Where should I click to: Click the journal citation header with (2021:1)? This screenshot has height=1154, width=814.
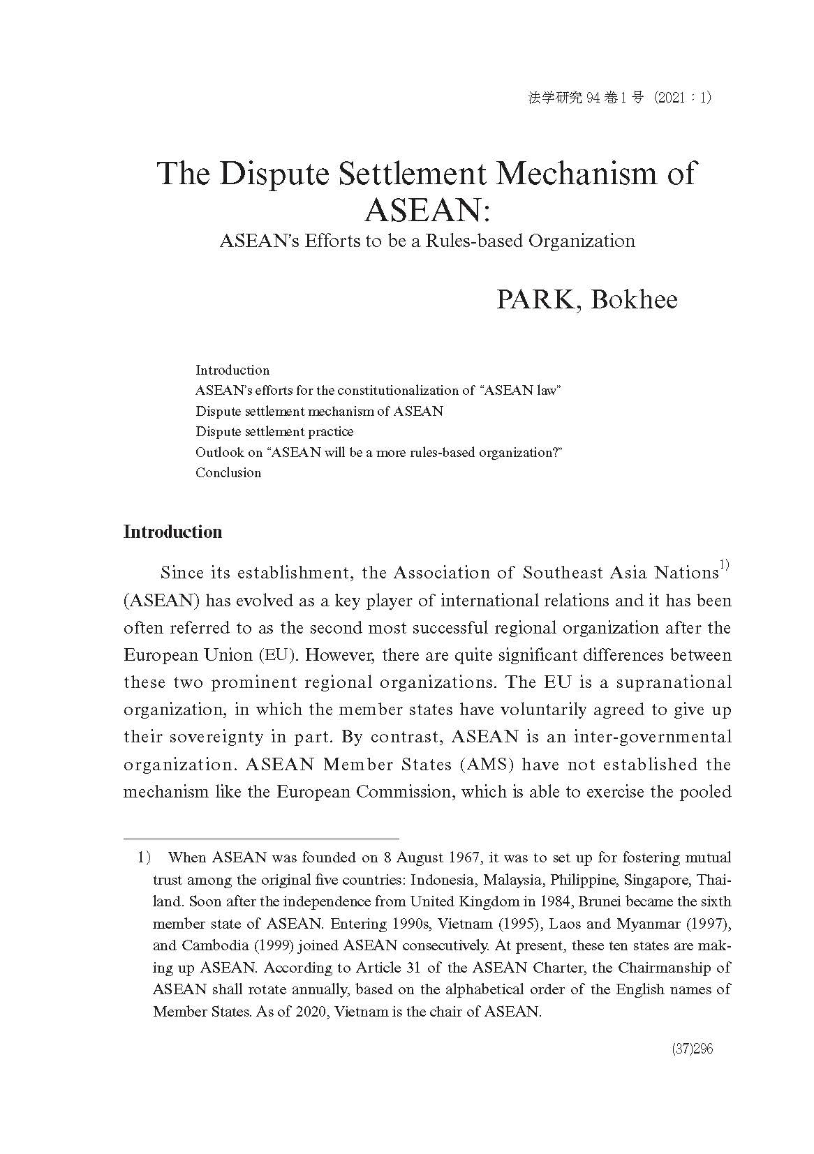(x=620, y=98)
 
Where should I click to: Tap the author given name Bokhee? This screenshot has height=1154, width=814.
(x=634, y=299)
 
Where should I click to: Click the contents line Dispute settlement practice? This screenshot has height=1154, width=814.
(x=274, y=431)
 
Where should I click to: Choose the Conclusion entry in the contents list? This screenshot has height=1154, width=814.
(x=228, y=472)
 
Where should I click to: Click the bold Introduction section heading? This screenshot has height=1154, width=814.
(x=172, y=532)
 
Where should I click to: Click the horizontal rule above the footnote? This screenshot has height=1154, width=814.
(x=261, y=838)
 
